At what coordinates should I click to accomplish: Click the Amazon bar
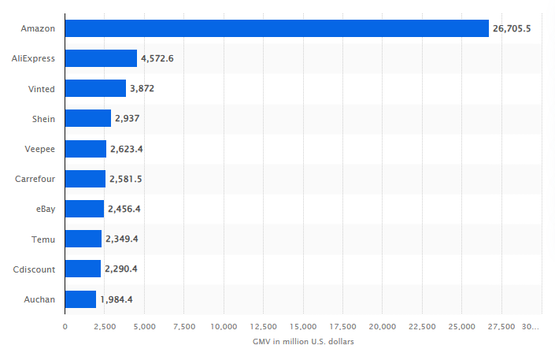point(276,28)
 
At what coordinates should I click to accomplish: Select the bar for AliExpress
point(101,58)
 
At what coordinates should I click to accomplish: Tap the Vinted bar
point(95,88)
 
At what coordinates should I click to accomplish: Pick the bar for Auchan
point(80,299)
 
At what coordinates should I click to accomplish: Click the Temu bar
point(83,239)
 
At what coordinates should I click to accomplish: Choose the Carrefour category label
point(35,179)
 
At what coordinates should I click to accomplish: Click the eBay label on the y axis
point(44,209)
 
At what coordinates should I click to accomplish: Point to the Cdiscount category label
point(34,269)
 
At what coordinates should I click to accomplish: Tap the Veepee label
point(40,149)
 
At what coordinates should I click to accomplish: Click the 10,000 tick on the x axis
point(224,326)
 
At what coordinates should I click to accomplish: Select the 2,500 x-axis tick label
point(104,326)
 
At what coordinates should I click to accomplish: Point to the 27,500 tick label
point(501,326)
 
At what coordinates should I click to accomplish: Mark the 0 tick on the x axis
point(65,326)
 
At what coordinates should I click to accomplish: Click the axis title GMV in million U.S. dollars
point(303,342)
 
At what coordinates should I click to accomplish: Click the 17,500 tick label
point(342,326)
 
